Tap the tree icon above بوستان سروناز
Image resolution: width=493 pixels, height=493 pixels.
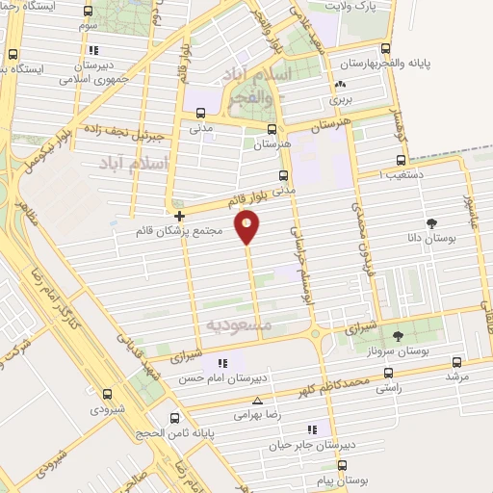tap(399, 335)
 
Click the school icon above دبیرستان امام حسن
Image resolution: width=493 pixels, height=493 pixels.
tap(223, 363)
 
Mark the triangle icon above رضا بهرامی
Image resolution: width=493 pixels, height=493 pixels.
tap(257, 402)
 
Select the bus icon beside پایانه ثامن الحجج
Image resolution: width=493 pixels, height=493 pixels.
tap(174, 418)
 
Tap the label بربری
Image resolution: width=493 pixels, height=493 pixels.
tap(343, 98)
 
